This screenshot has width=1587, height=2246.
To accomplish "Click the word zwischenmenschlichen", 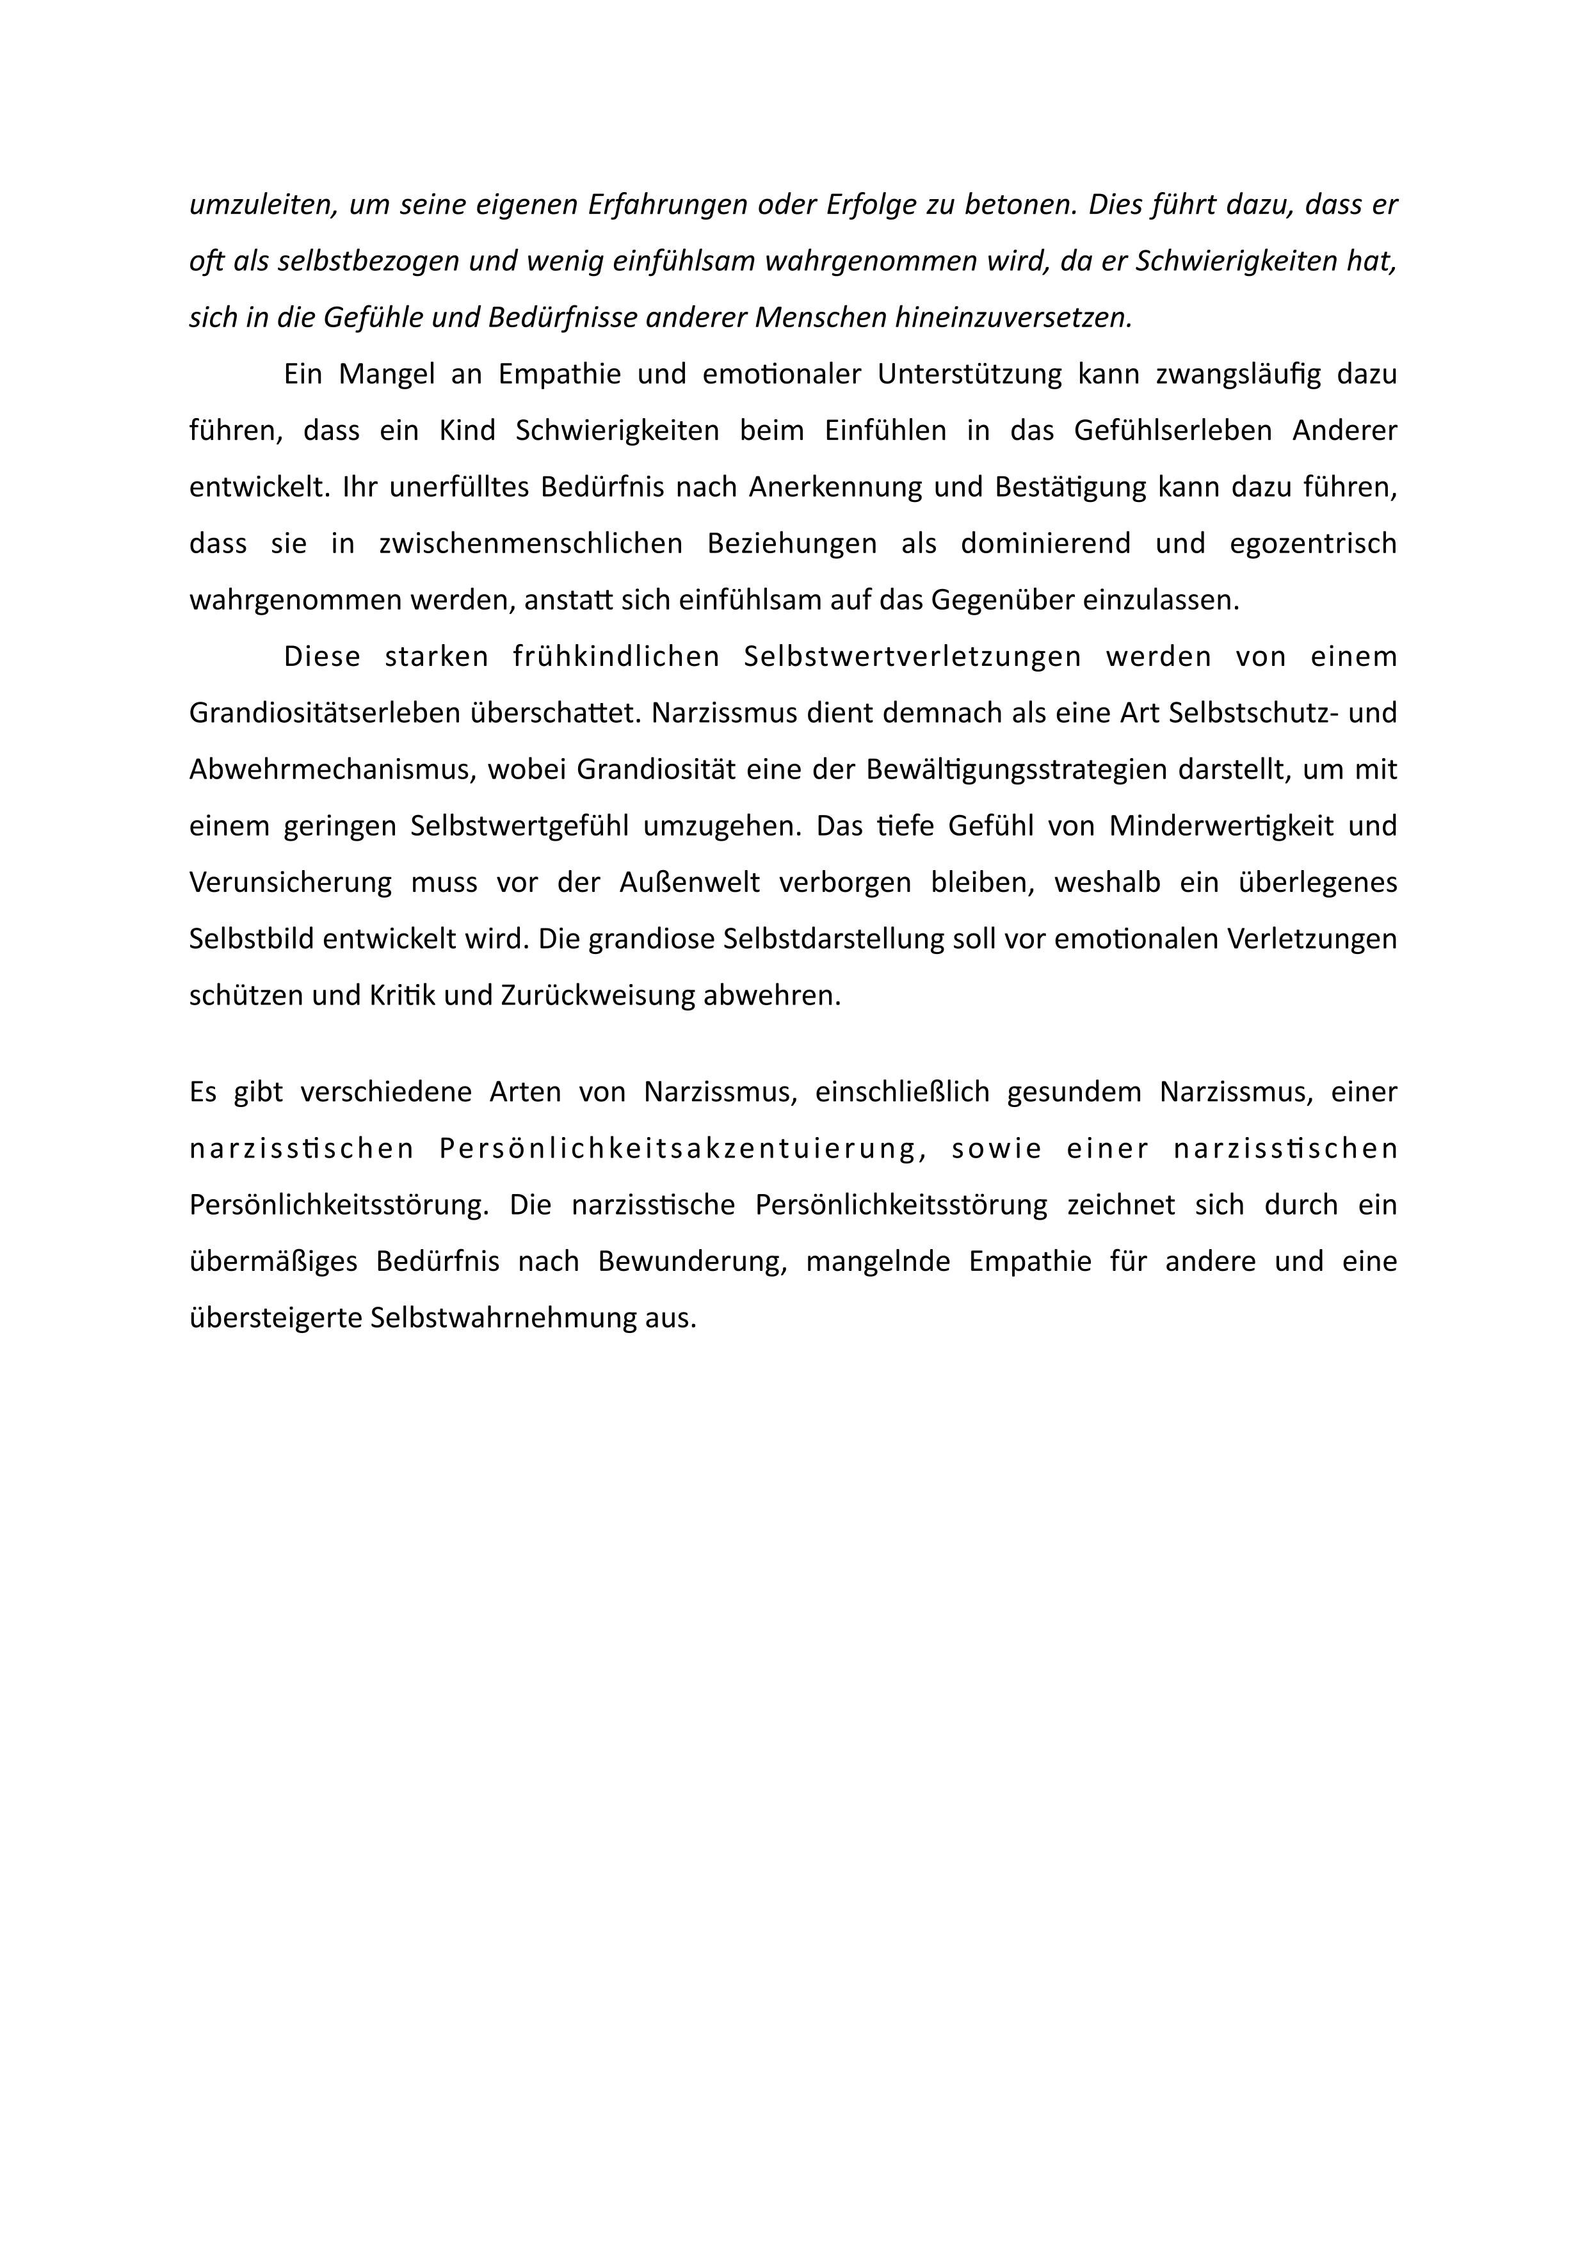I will coord(530,544).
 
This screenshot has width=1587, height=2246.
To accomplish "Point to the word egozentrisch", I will coord(1313,544).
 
